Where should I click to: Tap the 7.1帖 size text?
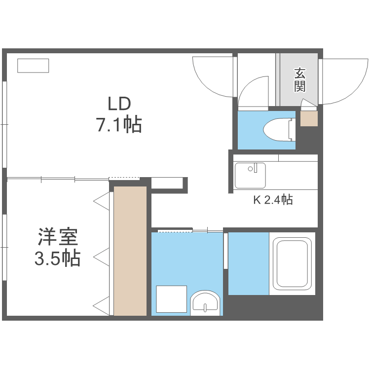pyautogui.click(x=119, y=125)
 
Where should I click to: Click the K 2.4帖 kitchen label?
pyautogui.click(x=273, y=200)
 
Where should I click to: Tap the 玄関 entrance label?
pyautogui.click(x=299, y=80)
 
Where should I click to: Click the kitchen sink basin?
pyautogui.click(x=250, y=175)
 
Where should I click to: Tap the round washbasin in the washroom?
pyautogui.click(x=205, y=302)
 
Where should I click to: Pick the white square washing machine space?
pyautogui.click(x=171, y=299)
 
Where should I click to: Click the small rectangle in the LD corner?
pyautogui.click(x=33, y=66)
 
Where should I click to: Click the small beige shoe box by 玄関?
pyautogui.click(x=309, y=119)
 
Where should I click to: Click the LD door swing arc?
pyautogui.click(x=212, y=76)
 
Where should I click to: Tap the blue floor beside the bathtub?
pyautogui.click(x=248, y=263)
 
